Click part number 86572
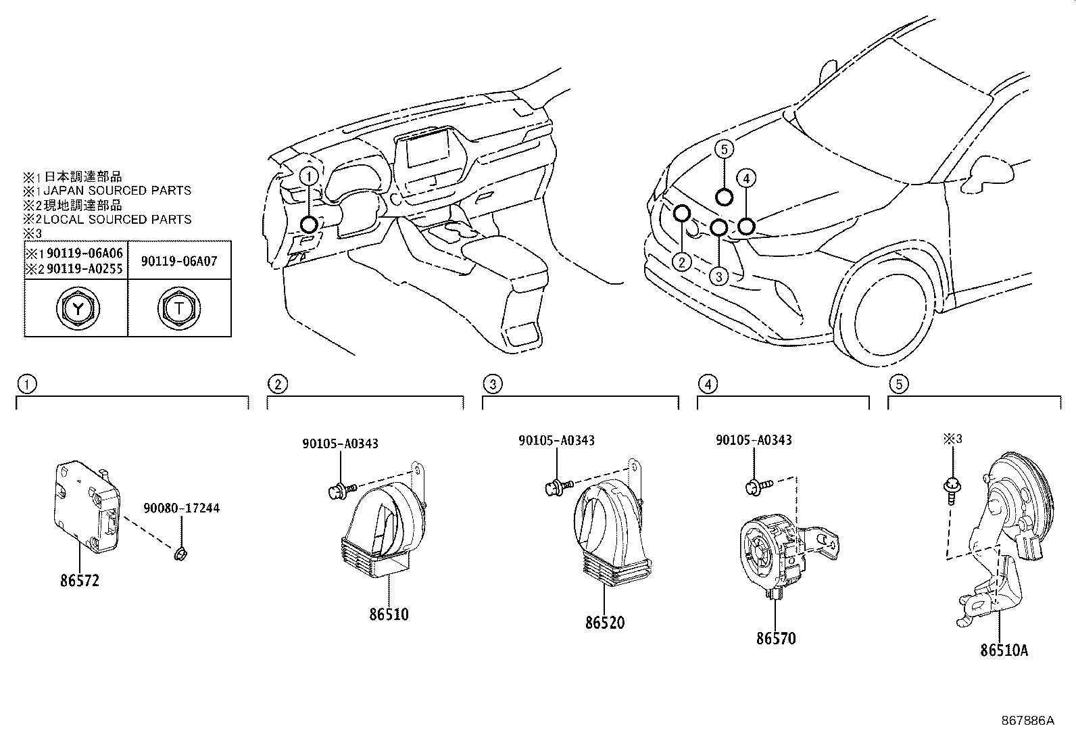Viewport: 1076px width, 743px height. tap(79, 580)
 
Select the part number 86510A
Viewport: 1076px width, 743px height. tap(1004, 650)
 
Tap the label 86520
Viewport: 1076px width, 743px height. tap(605, 623)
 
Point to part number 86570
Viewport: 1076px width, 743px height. tap(776, 638)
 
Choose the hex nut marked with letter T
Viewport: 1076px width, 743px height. tap(179, 309)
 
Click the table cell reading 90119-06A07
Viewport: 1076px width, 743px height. tap(179, 261)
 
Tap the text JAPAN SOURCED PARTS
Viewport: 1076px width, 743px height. tap(117, 191)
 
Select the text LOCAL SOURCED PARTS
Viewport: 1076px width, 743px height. tap(117, 219)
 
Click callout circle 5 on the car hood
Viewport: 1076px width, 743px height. tap(724, 149)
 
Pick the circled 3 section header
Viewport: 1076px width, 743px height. tap(493, 385)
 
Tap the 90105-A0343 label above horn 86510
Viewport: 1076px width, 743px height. tap(340, 444)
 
